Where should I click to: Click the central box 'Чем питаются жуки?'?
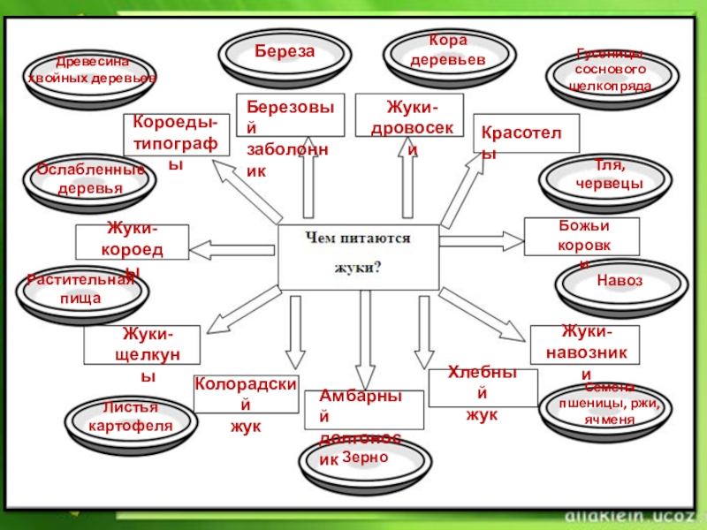[x=358, y=255]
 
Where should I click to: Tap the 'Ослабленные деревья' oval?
[x=91, y=182]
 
